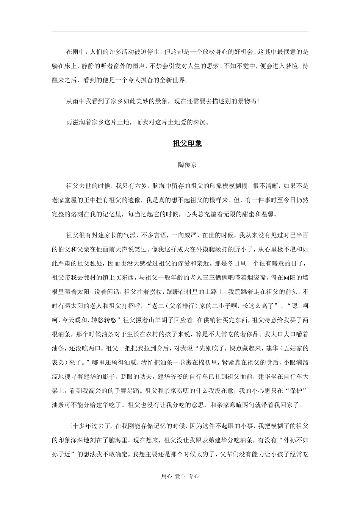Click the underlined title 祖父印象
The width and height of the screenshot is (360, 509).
[187, 144]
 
